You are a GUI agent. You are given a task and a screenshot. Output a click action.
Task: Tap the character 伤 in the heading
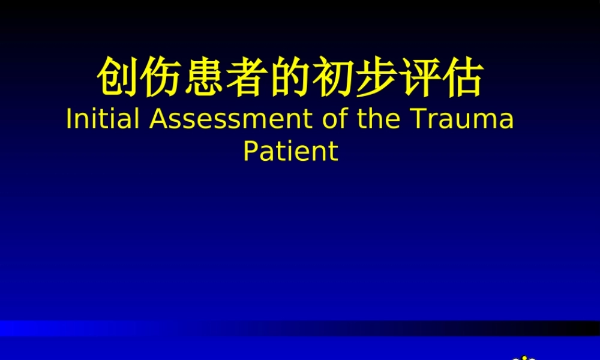point(161,77)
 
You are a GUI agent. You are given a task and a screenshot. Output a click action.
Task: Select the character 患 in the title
point(205,77)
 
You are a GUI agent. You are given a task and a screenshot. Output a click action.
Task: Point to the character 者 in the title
point(247,77)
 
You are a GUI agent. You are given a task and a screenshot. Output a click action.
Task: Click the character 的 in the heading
point(290,77)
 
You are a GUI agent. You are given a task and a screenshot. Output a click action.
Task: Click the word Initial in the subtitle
point(103,119)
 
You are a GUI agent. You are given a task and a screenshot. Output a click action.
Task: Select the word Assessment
point(230,119)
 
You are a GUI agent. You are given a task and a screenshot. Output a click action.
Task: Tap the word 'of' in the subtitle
point(333,119)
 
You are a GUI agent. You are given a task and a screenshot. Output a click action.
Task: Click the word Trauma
point(463,119)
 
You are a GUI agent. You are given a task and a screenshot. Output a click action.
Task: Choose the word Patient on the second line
point(290,151)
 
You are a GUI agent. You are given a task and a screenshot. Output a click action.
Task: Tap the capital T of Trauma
point(418,119)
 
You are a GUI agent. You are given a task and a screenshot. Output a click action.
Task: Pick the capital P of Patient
point(250,151)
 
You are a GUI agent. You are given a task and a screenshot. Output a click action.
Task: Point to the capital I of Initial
point(68,119)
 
